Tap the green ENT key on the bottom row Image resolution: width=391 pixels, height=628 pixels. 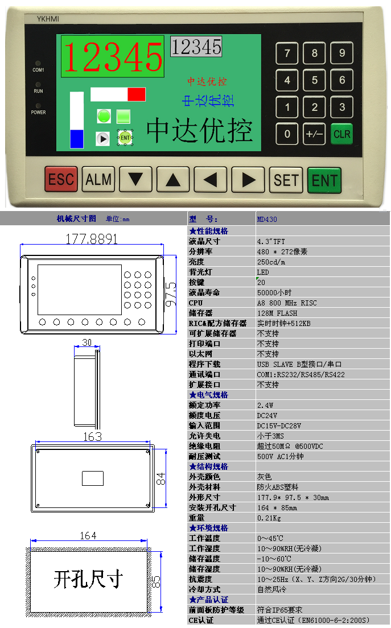[324, 180]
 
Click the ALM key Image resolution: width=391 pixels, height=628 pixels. [98, 179]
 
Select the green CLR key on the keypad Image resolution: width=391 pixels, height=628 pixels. [341, 134]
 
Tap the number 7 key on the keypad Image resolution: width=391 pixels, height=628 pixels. [287, 53]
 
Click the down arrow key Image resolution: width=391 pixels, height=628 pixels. [136, 179]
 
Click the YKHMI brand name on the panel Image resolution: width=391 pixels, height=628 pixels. [48, 19]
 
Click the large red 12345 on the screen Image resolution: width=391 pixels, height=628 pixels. [113, 57]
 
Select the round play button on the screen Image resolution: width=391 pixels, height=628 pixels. [103, 139]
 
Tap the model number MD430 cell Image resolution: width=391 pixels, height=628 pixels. [267, 219]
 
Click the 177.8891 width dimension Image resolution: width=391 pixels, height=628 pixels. [92, 239]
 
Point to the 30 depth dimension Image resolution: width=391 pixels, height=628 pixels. [87, 342]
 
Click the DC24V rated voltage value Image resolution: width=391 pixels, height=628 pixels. [267, 415]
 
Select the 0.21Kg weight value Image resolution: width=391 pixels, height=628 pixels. [269, 518]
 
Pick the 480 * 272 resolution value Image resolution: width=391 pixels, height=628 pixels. [282, 251]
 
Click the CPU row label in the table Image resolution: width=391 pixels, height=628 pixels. [196, 303]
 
